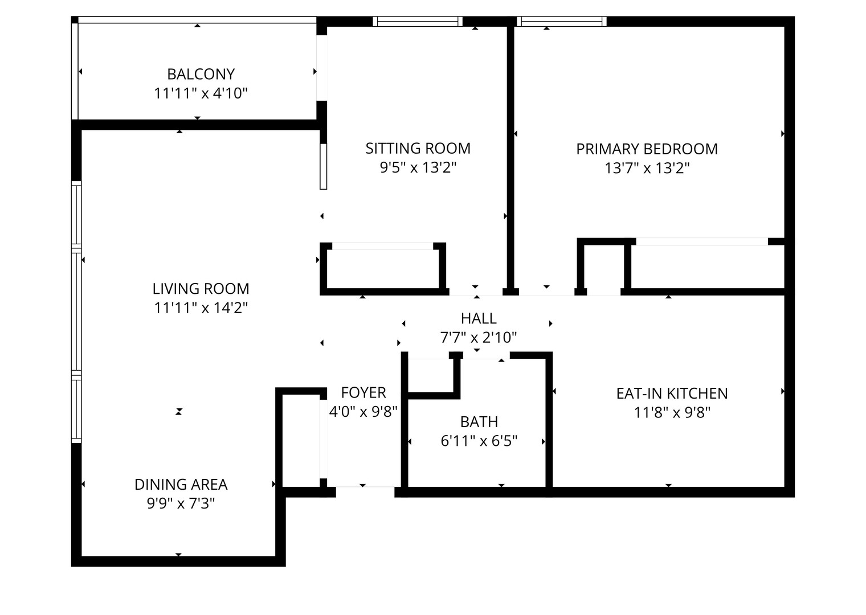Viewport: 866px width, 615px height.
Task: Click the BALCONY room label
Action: coord(201,74)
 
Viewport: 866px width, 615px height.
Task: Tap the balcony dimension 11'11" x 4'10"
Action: coord(201,93)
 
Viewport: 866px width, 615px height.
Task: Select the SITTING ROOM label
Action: coord(418,149)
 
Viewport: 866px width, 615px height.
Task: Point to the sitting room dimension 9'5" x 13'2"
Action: coord(418,167)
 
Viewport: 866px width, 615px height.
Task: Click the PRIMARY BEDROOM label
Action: coord(647,149)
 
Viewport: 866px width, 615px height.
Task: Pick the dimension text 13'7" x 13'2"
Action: coord(647,168)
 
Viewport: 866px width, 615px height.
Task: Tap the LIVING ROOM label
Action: coord(201,289)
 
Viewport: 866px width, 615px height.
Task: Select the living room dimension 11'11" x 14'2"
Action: coord(201,308)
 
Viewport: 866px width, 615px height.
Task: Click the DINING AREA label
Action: coord(181,485)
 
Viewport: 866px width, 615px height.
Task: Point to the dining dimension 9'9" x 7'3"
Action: coord(181,503)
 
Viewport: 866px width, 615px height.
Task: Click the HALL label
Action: coord(479,318)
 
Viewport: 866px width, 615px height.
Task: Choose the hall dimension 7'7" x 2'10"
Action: coord(479,338)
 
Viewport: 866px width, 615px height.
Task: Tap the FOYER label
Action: coord(363,392)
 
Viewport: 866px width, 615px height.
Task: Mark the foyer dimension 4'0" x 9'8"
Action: coord(363,411)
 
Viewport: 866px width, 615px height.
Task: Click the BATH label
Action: coord(479,422)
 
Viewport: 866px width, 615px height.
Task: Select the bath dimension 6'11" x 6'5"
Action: coord(479,441)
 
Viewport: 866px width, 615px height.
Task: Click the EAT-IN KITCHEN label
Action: coord(672,393)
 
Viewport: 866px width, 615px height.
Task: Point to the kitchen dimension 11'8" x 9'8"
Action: coord(672,412)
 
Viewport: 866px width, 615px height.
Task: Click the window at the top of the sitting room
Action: coord(418,22)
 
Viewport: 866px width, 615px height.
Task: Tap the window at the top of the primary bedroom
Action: coord(562,22)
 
